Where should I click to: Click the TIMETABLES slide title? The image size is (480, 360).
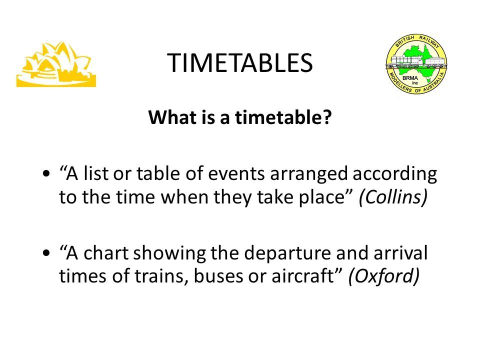point(240,63)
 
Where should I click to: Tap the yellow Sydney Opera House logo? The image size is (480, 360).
point(56,64)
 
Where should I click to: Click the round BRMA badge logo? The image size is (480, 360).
point(416,63)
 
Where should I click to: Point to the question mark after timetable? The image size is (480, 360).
point(327,117)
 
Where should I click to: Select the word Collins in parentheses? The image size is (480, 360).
point(393,197)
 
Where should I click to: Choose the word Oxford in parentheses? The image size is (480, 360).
point(384,276)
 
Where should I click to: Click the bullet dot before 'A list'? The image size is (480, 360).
point(46,174)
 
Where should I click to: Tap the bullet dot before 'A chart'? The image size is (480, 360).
point(46,253)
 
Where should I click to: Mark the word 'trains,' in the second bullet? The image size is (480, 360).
point(161,276)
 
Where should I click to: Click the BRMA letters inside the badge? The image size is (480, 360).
point(410,78)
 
